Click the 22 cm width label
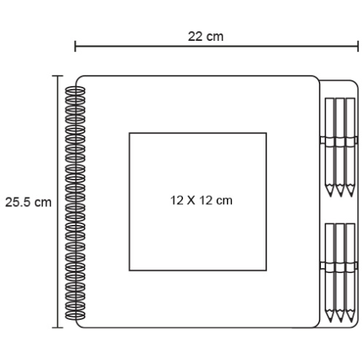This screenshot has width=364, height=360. (x=205, y=36)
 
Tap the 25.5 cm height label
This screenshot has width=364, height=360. (x=28, y=202)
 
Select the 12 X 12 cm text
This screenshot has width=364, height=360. (x=201, y=200)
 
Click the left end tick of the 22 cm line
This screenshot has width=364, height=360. (x=75, y=46)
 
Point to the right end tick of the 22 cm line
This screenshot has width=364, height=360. (x=358, y=46)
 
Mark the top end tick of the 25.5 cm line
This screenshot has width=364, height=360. (x=58, y=76)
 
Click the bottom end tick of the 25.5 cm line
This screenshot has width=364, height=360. (x=58, y=327)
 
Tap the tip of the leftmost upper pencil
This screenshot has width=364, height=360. (x=330, y=196)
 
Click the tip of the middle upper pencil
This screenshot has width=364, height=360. (x=340, y=196)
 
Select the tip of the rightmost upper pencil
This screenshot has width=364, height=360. (x=351, y=196)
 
